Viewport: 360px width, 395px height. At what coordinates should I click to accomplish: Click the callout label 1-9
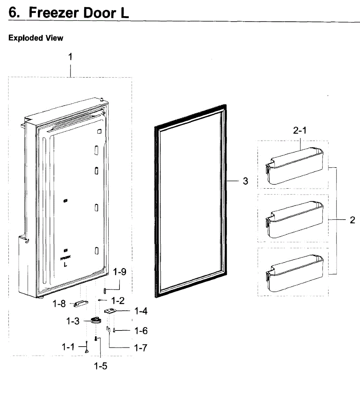119,272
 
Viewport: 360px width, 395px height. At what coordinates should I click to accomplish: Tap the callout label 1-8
59,304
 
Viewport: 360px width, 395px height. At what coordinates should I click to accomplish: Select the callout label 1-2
117,301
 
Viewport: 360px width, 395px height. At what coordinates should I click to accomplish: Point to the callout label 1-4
141,311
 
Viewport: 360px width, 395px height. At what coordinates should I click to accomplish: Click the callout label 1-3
73,321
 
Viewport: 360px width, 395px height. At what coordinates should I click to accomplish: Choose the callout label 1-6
141,331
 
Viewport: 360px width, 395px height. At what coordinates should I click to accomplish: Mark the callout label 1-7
141,348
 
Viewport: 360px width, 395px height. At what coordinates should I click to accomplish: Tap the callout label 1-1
68,347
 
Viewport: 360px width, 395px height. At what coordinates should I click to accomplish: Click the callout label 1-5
100,366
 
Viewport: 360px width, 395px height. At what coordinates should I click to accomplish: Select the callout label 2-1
299,130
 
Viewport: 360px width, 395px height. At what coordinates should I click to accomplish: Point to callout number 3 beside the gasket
245,181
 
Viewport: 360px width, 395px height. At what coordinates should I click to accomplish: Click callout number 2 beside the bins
352,220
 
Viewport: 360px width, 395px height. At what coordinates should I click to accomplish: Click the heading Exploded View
36,38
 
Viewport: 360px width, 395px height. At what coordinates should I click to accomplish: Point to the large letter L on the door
65,264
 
